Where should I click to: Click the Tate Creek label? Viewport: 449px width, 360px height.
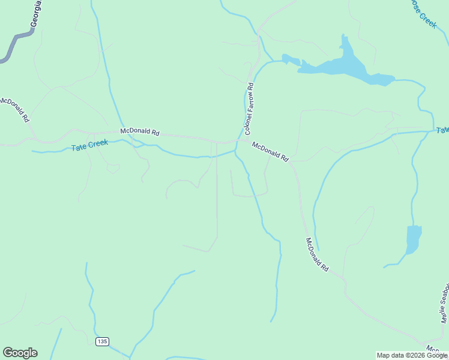(89, 145)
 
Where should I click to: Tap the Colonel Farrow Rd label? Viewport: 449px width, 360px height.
(250, 109)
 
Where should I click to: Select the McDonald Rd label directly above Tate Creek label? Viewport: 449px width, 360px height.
(139, 131)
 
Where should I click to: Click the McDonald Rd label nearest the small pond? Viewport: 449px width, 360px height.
(318, 255)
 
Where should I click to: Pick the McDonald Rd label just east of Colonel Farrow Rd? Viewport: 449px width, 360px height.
(270, 152)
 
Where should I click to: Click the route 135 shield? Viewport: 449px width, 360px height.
(101, 341)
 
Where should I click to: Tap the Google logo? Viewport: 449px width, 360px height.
(20, 353)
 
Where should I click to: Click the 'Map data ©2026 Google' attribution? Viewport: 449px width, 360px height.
(412, 355)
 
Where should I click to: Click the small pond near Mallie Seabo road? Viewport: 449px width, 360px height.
(413, 239)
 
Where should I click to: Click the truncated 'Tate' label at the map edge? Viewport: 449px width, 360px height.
(442, 130)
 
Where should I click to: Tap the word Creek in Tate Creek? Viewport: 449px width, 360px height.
(98, 144)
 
